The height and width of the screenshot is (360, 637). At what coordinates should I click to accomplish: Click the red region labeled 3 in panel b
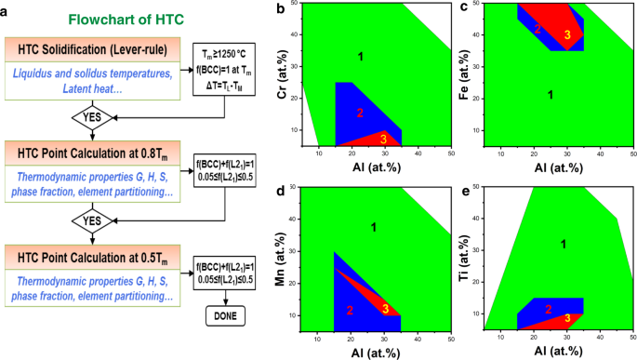pos(384,140)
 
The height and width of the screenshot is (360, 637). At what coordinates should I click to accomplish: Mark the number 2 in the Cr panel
pos(360,113)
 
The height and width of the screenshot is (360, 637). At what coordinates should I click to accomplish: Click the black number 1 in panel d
pos(374,227)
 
